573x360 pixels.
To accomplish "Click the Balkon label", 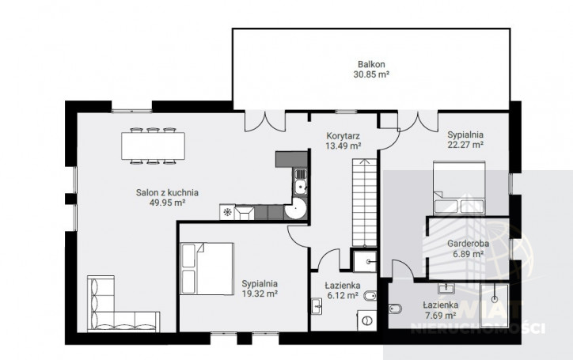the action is pos(371,64).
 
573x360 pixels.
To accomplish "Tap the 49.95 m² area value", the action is pos(167,203).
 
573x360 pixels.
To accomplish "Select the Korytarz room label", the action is pos(343,136).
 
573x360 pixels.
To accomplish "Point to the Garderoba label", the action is pos(468,244).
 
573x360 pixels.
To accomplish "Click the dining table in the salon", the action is pos(153,146).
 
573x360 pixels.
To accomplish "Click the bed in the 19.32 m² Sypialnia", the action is pos(207,268).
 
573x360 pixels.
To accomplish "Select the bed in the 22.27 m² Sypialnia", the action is pos(459,188).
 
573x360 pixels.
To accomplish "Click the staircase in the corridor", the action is pos(364,203).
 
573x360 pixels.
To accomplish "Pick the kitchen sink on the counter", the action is pos(301,183).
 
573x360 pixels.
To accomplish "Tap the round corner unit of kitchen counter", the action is pos(296,209).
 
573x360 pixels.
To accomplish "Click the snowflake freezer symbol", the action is pos(227,212).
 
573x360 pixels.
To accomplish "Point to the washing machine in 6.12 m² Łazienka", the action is pos(366,321).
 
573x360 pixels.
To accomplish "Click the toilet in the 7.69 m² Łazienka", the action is pos(395,309).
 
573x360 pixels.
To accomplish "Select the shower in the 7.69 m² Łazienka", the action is pos(495,305).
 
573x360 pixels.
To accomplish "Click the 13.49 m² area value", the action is pos(343,146).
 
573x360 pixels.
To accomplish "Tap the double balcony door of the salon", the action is pos(265,121).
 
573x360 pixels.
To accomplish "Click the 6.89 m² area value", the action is pos(468,253).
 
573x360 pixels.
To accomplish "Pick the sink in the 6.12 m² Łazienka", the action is pos(317,306).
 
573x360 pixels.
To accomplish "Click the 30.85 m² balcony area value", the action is pos(371,74).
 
